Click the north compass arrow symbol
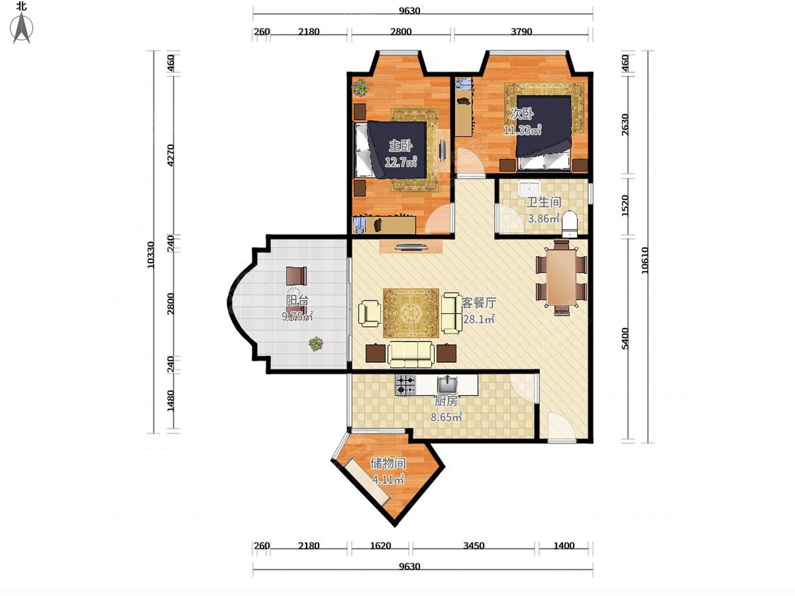click(21, 28)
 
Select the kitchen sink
click(448, 385)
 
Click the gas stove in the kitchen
click(405, 385)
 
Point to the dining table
click(561, 277)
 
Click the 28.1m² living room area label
click(479, 319)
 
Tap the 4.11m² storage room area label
click(388, 479)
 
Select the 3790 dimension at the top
click(521, 32)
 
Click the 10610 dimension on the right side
click(645, 260)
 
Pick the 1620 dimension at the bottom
click(380, 545)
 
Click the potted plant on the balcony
click(316, 344)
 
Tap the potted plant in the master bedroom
click(360, 87)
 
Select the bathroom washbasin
click(529, 189)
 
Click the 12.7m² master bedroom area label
click(400, 162)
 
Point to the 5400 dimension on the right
click(625, 338)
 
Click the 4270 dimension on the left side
click(170, 155)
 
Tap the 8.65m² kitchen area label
click(446, 417)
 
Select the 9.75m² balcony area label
click(297, 317)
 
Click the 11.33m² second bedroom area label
click(523, 130)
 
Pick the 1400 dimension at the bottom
click(564, 545)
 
